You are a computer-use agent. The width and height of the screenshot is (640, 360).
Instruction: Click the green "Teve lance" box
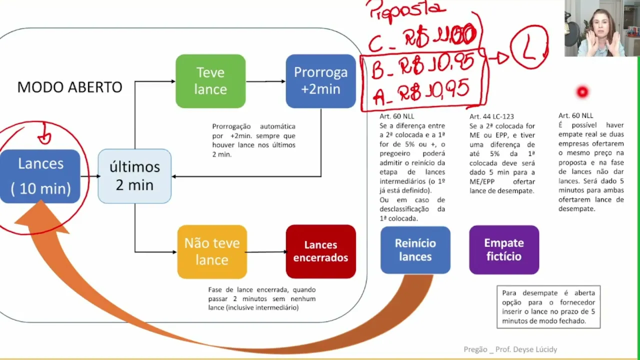point(210,81)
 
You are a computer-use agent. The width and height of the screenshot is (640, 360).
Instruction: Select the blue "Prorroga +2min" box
point(320,81)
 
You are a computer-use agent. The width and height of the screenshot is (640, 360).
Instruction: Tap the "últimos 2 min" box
point(134,176)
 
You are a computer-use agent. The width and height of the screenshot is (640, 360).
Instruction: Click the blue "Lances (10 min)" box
point(40,176)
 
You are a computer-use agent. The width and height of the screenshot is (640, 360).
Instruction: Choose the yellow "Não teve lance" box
point(212,251)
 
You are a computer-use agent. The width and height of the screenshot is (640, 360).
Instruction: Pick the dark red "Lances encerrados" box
point(320,251)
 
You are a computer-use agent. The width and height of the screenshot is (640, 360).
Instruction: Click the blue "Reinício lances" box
point(415,250)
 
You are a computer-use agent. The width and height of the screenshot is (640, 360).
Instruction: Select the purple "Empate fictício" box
point(504,250)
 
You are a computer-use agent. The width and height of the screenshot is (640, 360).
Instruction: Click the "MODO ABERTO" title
point(69,87)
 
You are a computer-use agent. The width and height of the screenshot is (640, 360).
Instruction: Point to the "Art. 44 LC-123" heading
point(491,116)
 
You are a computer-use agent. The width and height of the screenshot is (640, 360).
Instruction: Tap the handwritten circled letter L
point(529,48)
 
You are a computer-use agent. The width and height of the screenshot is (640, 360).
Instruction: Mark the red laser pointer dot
point(582,92)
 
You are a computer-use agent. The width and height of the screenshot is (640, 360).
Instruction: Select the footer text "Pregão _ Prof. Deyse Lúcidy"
point(510,349)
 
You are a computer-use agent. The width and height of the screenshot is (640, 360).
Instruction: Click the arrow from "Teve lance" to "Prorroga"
point(265,81)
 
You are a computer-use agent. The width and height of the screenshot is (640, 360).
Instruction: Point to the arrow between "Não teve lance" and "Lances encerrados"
point(266,251)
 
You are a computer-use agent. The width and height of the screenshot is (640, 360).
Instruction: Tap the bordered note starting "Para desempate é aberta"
point(548,307)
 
